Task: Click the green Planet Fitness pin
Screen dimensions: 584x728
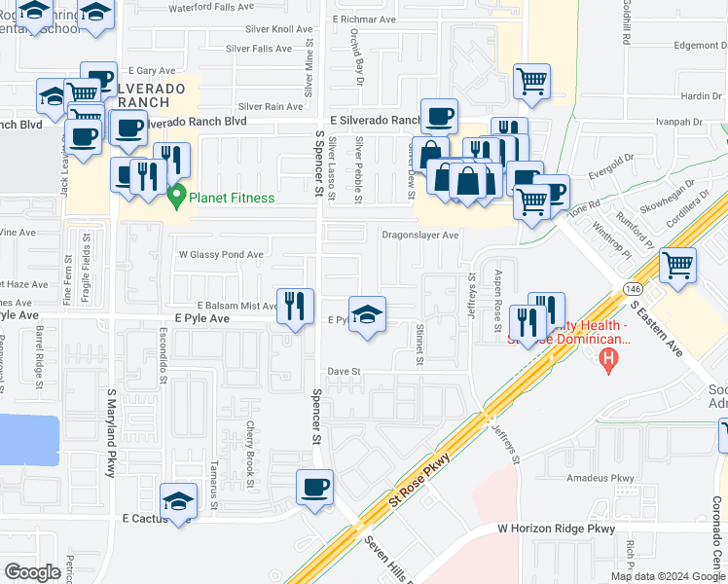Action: point(176,197)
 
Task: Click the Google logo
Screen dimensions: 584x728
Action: point(33,572)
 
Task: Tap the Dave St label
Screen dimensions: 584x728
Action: point(344,372)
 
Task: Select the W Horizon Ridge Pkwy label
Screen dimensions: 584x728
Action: point(557,529)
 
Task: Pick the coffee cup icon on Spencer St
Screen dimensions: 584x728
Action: point(314,487)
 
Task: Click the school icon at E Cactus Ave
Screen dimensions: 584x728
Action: point(178,501)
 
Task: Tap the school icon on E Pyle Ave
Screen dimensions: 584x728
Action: point(367,314)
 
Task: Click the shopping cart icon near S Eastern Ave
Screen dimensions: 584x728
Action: point(677,265)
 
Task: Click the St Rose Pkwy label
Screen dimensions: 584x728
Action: point(419,477)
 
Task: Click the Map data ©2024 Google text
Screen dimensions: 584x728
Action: point(667,576)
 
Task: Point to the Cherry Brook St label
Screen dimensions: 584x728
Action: point(250,454)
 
